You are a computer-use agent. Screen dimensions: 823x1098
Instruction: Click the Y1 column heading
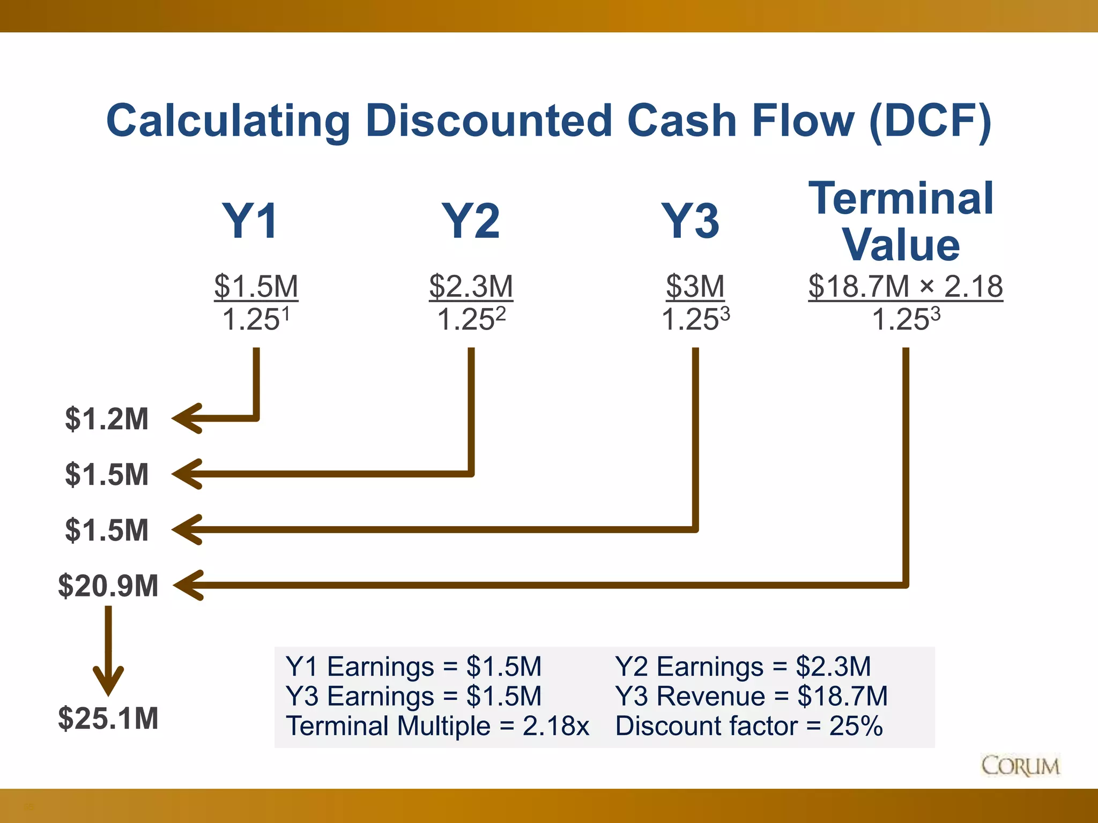[x=251, y=221]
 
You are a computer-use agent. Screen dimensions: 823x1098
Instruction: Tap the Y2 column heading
[x=471, y=221]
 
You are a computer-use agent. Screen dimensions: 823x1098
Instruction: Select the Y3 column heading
[x=691, y=221]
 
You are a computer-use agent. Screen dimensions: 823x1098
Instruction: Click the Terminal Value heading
[x=902, y=222]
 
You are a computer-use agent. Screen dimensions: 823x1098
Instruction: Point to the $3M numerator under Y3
[x=695, y=286]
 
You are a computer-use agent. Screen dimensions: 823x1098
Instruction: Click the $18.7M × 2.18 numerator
[x=906, y=286]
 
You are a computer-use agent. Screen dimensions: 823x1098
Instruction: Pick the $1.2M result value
[x=107, y=419]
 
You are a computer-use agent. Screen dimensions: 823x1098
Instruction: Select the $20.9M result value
[x=108, y=586]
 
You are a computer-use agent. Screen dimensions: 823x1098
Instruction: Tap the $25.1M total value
[x=108, y=719]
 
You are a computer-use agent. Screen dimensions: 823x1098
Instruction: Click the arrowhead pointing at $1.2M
[x=185, y=418]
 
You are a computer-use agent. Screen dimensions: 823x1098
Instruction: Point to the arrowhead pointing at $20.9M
[x=187, y=585]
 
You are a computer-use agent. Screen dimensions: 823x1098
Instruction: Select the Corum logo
[x=1020, y=766]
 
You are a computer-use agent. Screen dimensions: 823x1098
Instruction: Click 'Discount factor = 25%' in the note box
[x=748, y=727]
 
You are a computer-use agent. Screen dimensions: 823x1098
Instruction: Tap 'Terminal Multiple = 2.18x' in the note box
[x=437, y=727]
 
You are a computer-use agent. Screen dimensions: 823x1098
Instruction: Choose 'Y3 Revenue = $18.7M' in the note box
[x=751, y=697]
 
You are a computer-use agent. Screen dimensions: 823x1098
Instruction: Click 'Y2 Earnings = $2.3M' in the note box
[x=743, y=667]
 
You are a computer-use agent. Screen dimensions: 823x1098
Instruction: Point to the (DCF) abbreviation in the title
[x=930, y=121]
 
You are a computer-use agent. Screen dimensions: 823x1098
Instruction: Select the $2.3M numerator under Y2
[x=471, y=286]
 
